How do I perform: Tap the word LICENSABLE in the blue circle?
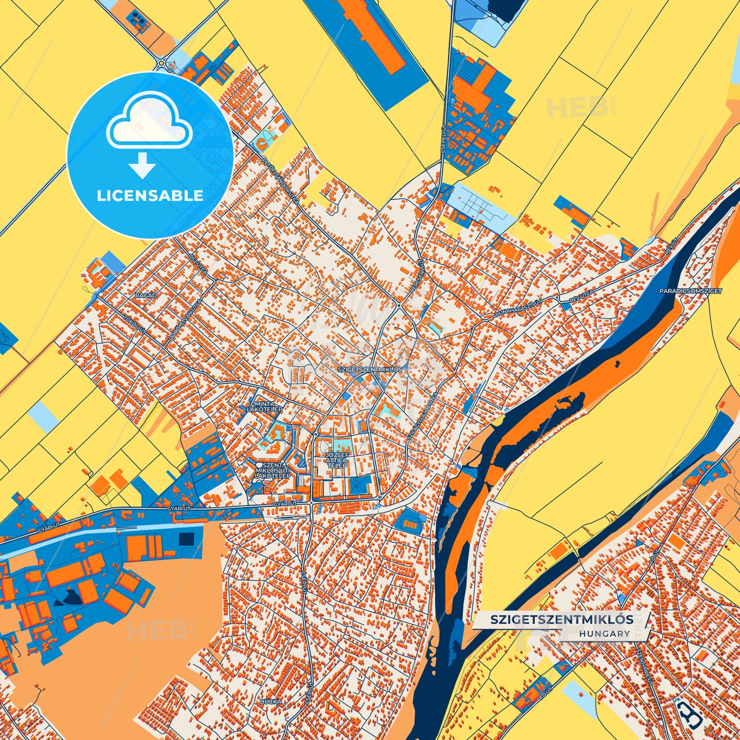(x=150, y=196)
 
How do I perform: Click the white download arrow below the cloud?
(x=142, y=165)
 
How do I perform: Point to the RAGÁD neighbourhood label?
(x=146, y=295)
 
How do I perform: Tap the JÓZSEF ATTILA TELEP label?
(x=337, y=460)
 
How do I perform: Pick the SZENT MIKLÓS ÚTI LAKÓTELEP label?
(x=272, y=470)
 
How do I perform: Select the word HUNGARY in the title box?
(x=605, y=633)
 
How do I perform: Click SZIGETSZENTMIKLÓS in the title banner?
(x=562, y=619)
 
